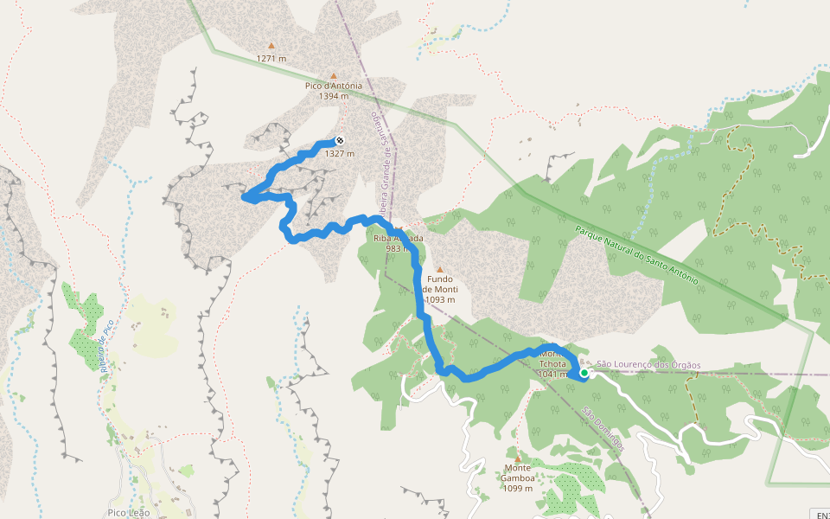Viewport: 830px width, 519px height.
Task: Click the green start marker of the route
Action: (x=584, y=374)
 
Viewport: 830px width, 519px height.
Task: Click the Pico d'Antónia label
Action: (x=333, y=86)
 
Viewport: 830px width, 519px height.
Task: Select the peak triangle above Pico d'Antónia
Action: (x=334, y=75)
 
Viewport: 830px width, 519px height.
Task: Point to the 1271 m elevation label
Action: (x=271, y=59)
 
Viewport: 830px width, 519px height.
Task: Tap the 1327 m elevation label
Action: (x=339, y=153)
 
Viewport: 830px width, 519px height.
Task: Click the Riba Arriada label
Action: (x=398, y=238)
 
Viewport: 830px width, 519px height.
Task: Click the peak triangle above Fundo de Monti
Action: (x=439, y=269)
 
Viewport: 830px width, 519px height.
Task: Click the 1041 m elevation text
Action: (x=552, y=375)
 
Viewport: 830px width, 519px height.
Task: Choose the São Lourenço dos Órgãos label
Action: (x=648, y=365)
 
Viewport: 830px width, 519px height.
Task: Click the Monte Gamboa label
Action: (x=518, y=473)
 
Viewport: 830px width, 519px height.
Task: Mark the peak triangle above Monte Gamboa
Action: (x=518, y=458)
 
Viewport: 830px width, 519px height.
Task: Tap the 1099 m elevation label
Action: (x=518, y=488)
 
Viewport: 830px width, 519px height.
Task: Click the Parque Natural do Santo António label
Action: (x=635, y=256)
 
